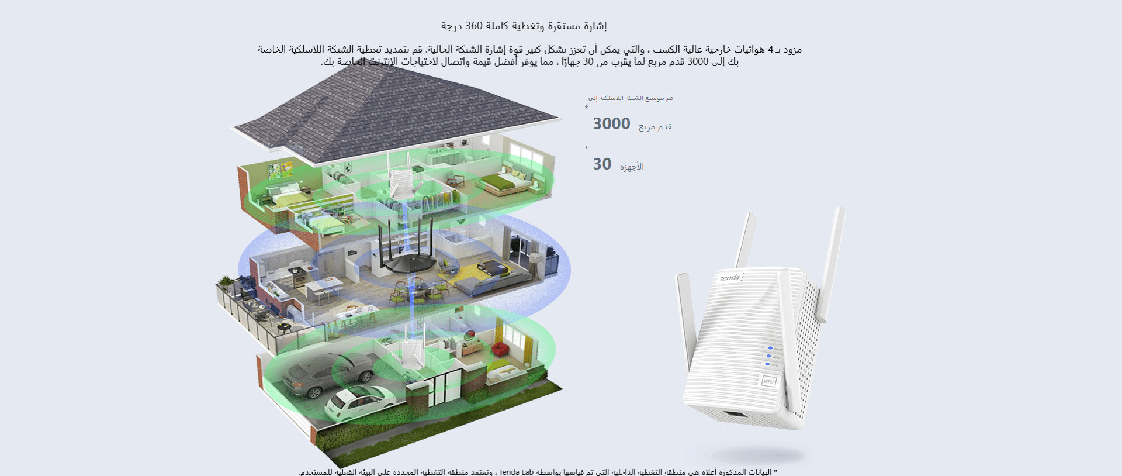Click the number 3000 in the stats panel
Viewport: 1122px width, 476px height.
pyautogui.click(x=611, y=124)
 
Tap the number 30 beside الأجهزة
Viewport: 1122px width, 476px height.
pyautogui.click(x=602, y=164)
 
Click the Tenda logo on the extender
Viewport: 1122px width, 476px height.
pyautogui.click(x=729, y=278)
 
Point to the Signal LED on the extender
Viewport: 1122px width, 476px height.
pyautogui.click(x=770, y=348)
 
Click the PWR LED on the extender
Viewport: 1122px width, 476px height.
pyautogui.click(x=767, y=364)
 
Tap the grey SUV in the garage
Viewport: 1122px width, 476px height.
pyautogui.click(x=327, y=371)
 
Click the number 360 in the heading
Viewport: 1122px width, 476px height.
pyautogui.click(x=474, y=26)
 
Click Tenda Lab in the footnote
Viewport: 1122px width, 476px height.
pyautogui.click(x=516, y=472)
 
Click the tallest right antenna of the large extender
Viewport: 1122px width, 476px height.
pyautogui.click(x=831, y=263)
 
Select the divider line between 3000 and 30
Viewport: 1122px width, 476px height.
pyautogui.click(x=628, y=143)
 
